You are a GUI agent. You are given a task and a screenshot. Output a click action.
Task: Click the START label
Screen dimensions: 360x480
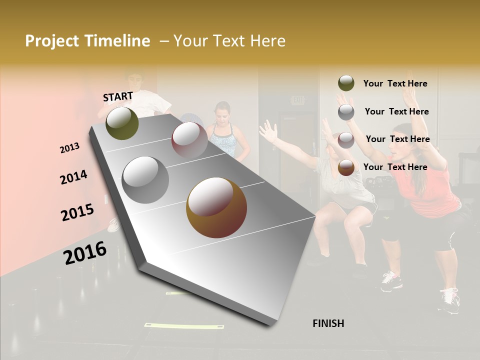[118, 96]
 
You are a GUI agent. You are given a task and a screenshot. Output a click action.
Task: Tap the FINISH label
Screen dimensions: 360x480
[328, 323]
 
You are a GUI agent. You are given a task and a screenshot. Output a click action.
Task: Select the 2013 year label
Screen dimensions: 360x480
[70, 147]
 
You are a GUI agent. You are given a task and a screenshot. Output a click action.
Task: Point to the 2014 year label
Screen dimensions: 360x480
[73, 177]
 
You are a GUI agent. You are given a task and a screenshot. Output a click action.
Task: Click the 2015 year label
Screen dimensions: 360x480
[77, 212]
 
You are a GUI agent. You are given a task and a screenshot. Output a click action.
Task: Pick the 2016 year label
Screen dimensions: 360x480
[85, 252]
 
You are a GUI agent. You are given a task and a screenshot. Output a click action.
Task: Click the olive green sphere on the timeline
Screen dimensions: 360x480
[122, 123]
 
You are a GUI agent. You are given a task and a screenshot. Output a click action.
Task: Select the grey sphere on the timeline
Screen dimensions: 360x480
[145, 179]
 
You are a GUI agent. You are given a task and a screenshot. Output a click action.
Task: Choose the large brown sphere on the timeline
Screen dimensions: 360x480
[216, 207]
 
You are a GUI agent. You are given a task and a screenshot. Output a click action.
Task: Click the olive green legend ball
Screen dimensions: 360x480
[346, 83]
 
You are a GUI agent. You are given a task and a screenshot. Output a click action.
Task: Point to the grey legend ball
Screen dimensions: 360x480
[346, 112]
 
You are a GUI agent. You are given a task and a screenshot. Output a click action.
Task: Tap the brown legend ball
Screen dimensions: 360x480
[346, 167]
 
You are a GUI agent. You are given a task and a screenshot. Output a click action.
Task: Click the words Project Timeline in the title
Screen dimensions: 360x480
[87, 41]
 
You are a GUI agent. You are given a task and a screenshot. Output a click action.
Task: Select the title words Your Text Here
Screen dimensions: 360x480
[229, 41]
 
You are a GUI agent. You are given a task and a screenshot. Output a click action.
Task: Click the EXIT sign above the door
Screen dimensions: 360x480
[298, 100]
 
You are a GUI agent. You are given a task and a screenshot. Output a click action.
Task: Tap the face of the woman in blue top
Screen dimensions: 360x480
[222, 113]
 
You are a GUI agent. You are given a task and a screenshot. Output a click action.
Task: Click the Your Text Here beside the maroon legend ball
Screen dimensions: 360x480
[397, 139]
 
